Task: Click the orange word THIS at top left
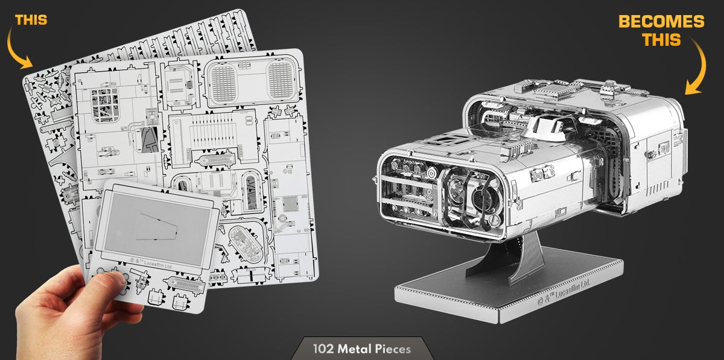(x=31, y=20)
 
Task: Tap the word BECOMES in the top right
(x=661, y=22)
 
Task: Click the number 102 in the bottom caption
(x=324, y=349)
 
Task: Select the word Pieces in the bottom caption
(x=393, y=349)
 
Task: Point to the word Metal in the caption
(x=355, y=349)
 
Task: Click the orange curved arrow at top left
(x=17, y=48)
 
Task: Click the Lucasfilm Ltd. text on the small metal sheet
(x=151, y=264)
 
